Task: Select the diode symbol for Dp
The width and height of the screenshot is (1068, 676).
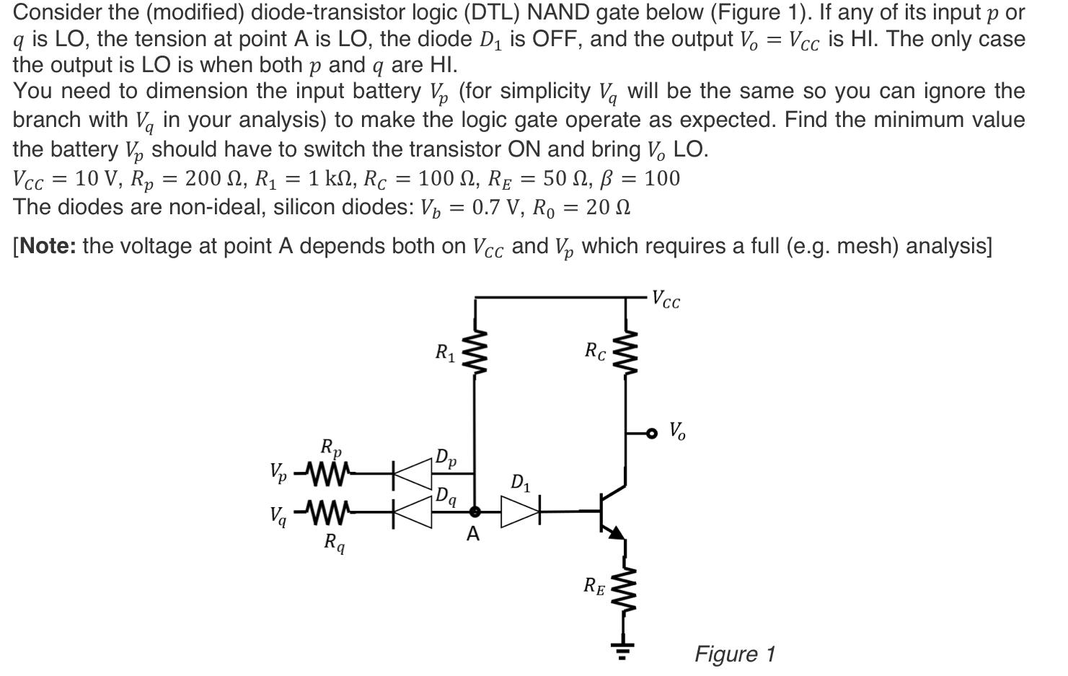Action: (x=412, y=474)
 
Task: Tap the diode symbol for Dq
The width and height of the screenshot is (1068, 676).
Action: (x=412, y=512)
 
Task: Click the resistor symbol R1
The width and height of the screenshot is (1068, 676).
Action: (x=475, y=353)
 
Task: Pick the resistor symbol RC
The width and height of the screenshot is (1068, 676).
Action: (x=625, y=353)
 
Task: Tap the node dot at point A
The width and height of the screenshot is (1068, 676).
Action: (x=475, y=512)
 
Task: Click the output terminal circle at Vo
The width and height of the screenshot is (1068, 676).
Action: (x=652, y=433)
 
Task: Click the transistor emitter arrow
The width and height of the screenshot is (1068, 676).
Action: (x=617, y=533)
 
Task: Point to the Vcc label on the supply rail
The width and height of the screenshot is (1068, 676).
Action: (x=665, y=299)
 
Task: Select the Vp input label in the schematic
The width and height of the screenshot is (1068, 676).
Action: (x=278, y=473)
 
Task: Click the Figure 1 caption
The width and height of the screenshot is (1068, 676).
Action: (x=734, y=654)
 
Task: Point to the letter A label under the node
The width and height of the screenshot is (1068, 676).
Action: (x=473, y=535)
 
